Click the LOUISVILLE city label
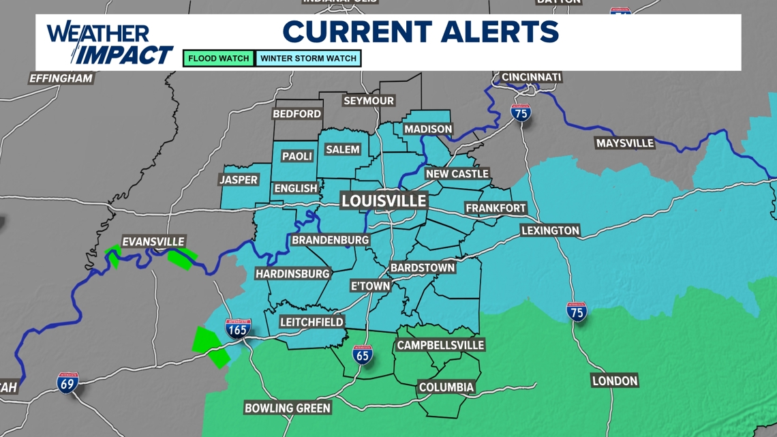click(384, 200)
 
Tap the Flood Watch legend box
click(219, 59)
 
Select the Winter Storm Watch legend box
click(308, 59)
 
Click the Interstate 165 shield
click(238, 329)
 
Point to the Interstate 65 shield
click(363, 355)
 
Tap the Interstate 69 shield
click(67, 383)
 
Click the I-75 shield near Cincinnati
click(521, 113)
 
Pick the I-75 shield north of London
click(577, 312)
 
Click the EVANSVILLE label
click(153, 242)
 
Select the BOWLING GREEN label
click(288, 408)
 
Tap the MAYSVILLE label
click(624, 143)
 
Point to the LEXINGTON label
click(550, 230)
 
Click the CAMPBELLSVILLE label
click(440, 346)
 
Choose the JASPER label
click(239, 180)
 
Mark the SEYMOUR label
click(369, 101)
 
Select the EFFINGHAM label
click(61, 78)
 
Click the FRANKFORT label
click(496, 208)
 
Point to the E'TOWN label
click(370, 286)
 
